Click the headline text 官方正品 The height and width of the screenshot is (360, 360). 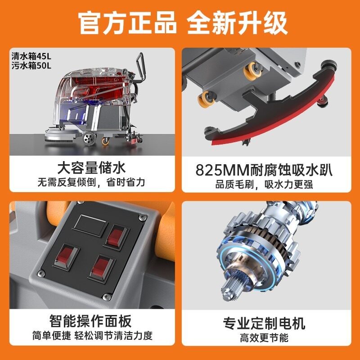(x=127, y=23)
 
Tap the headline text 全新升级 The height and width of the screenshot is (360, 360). (x=237, y=23)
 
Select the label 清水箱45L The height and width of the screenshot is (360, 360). (x=31, y=56)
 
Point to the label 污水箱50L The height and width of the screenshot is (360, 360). (x=31, y=66)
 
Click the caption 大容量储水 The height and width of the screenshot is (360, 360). (x=92, y=168)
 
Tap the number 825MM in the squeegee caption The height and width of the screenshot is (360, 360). (x=222, y=170)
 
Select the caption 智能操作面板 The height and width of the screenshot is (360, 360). (x=90, y=321)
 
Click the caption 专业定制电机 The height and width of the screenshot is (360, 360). (x=264, y=323)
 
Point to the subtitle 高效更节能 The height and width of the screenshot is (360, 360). (x=264, y=338)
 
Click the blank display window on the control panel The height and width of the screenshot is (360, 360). (x=90, y=225)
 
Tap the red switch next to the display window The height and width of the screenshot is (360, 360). (x=116, y=237)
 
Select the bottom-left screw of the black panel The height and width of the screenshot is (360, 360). (x=41, y=273)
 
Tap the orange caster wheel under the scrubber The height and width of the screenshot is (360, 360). (x=105, y=141)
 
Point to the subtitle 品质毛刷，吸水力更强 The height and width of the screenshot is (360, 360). (x=264, y=184)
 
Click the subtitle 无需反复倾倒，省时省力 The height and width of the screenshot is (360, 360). (x=91, y=182)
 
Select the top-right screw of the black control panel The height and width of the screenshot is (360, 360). (x=142, y=217)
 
